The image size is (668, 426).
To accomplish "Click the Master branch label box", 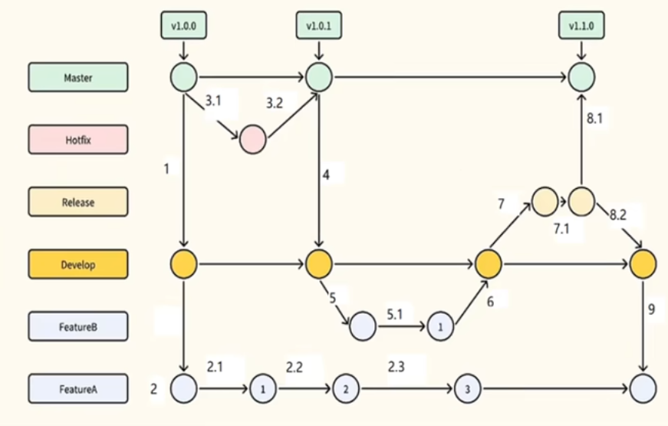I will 77,78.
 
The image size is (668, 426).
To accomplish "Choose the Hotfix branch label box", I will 77,140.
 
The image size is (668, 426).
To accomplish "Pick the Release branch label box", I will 77,203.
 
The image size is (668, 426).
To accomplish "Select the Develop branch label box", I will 77,264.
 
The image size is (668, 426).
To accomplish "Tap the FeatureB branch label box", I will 77,326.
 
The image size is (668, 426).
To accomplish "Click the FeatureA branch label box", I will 77,388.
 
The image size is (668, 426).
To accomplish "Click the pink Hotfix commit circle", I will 252,140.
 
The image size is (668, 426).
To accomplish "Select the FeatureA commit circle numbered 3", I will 466,388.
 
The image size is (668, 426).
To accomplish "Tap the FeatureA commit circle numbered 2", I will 345,388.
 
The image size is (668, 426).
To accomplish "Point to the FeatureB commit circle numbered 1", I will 441,326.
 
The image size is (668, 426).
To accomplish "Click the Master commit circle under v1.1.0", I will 581,77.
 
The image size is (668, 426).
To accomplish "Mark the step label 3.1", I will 215,101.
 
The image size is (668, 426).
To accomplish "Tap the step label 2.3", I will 397,367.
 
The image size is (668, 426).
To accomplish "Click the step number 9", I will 651,311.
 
